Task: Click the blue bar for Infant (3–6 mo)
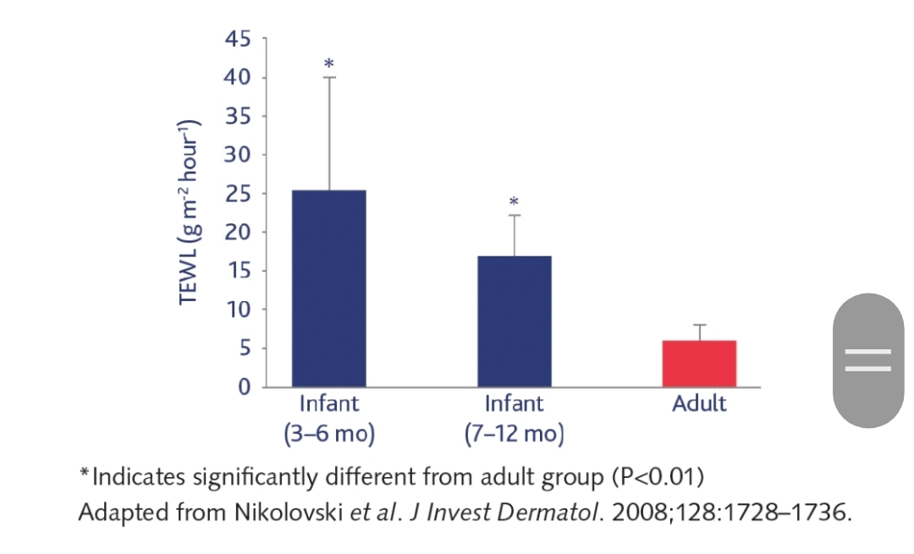328,288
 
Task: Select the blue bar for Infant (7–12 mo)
515,321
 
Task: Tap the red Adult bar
699,364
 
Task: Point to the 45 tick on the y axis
238,39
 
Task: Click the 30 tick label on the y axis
238,155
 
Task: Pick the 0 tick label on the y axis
244,387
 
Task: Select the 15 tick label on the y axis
238,271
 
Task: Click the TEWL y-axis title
189,212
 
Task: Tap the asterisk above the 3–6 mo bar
328,63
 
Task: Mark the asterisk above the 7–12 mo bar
515,202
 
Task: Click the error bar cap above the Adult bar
699,325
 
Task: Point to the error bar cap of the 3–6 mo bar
328,78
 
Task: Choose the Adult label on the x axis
699,403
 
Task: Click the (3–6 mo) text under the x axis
328,434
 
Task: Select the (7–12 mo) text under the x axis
515,434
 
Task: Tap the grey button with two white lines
867,360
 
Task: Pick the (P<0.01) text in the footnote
657,477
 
